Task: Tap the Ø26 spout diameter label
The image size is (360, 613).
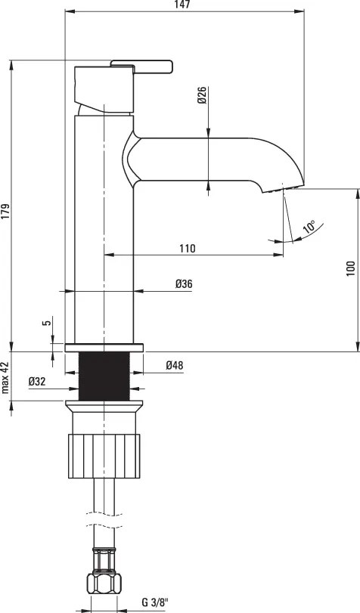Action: (202, 96)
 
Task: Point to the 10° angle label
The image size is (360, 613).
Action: (309, 227)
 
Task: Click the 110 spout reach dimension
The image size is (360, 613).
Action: (188, 248)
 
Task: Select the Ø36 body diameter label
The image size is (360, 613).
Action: (184, 283)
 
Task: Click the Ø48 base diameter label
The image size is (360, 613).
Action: (175, 365)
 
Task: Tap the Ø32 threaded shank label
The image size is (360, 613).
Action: (39, 382)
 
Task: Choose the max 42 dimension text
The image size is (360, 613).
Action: (5, 378)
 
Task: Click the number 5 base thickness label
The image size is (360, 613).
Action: (47, 323)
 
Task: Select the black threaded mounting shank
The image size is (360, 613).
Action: (104, 376)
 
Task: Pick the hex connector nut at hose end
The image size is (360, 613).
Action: (104, 582)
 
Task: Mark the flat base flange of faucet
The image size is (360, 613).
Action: (104, 348)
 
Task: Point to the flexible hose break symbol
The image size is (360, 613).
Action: (104, 522)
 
